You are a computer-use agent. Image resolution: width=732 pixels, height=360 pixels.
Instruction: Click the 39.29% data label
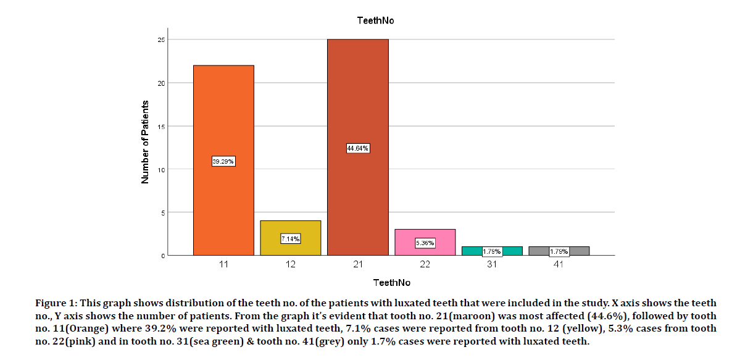(x=223, y=161)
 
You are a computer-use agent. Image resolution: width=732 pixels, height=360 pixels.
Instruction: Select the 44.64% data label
(x=358, y=148)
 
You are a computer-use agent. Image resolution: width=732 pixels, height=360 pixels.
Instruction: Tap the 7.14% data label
(x=291, y=239)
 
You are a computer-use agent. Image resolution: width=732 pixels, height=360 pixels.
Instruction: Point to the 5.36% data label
(x=425, y=243)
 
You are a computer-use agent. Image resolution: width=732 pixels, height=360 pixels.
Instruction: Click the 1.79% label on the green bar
(x=492, y=252)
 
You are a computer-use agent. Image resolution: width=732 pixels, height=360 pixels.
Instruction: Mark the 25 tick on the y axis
(x=161, y=40)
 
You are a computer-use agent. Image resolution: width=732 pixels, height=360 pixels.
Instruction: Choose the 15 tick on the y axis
(x=161, y=126)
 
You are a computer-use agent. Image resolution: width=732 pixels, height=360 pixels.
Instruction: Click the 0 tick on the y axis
(x=163, y=256)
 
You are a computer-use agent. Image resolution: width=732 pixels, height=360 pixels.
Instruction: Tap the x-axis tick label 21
(x=358, y=264)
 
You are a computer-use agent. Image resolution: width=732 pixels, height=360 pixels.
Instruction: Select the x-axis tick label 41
(x=559, y=264)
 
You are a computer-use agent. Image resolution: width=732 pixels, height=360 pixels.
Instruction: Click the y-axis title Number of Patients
(x=146, y=142)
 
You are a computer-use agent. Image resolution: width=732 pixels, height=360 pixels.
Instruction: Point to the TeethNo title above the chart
(x=375, y=20)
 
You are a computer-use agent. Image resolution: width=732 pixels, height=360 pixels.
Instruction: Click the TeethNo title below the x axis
(x=391, y=283)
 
